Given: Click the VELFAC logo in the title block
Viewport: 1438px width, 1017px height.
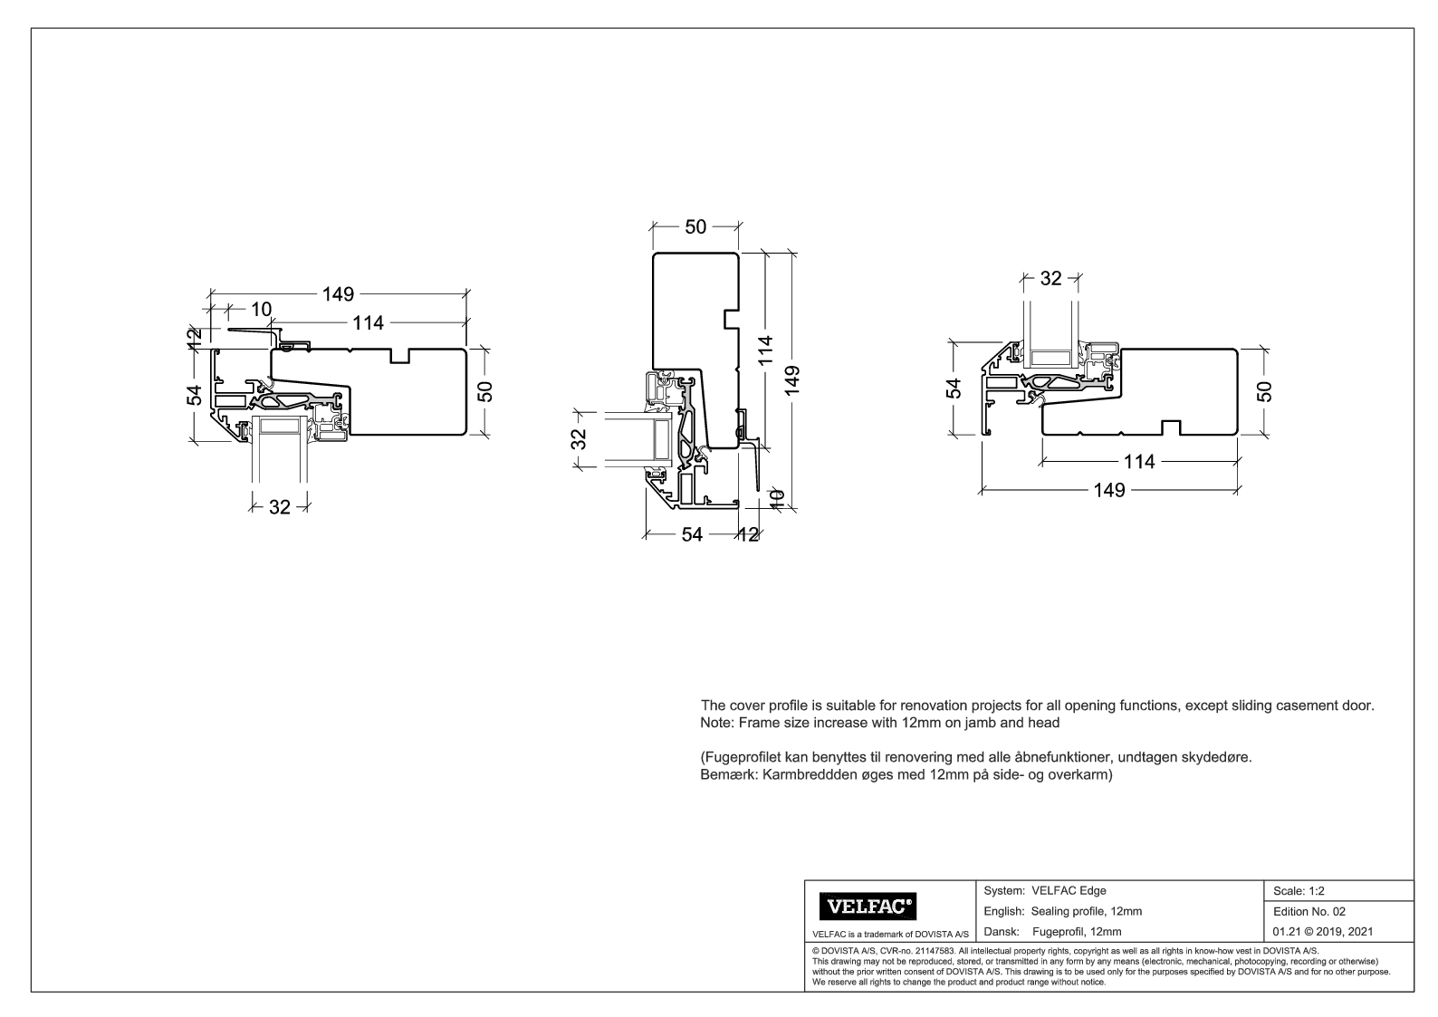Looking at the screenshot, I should pyautogui.click(x=868, y=906).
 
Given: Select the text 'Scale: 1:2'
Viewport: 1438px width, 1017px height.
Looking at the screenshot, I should pyautogui.click(x=1299, y=891).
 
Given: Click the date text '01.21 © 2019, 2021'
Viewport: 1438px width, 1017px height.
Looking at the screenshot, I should pyautogui.click(x=1323, y=931).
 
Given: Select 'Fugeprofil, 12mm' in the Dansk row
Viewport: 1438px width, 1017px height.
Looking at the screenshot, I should pyautogui.click(x=1077, y=931).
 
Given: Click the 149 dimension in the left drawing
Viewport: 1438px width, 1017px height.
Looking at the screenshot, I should pyautogui.click(x=338, y=294).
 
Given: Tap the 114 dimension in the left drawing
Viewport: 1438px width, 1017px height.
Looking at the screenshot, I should pyautogui.click(x=369, y=322).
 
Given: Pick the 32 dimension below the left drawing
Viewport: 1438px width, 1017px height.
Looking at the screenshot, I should pyautogui.click(x=279, y=507).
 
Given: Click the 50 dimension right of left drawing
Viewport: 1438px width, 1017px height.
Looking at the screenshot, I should pyautogui.click(x=485, y=391).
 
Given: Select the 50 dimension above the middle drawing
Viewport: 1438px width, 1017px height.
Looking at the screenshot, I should pyautogui.click(x=695, y=226).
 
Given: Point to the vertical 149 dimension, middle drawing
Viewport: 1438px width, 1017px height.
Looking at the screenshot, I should pyautogui.click(x=793, y=380).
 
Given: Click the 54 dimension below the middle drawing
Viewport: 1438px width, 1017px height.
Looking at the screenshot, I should pyautogui.click(x=692, y=534).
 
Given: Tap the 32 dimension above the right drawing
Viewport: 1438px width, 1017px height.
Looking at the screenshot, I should pyautogui.click(x=1050, y=279).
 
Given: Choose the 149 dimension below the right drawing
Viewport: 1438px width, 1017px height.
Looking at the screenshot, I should pyautogui.click(x=1108, y=490).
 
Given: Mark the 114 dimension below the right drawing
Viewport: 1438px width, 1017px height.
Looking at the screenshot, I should pyautogui.click(x=1139, y=462).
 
